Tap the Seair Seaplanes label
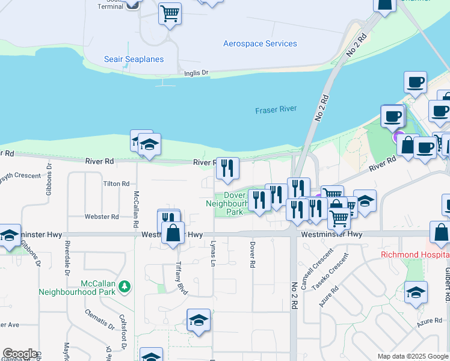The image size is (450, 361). [x=134, y=59]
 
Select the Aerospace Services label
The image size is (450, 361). [x=260, y=44]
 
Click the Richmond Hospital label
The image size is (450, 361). [x=415, y=255]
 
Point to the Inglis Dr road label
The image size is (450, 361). [x=196, y=73]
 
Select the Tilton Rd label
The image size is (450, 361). [x=116, y=184]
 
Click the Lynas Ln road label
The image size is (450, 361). [x=213, y=251]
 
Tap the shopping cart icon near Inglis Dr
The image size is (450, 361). [x=170, y=13]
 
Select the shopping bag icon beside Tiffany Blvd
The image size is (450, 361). [x=173, y=234]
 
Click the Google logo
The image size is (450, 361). [x=20, y=354]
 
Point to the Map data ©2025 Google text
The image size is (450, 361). [x=412, y=356]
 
